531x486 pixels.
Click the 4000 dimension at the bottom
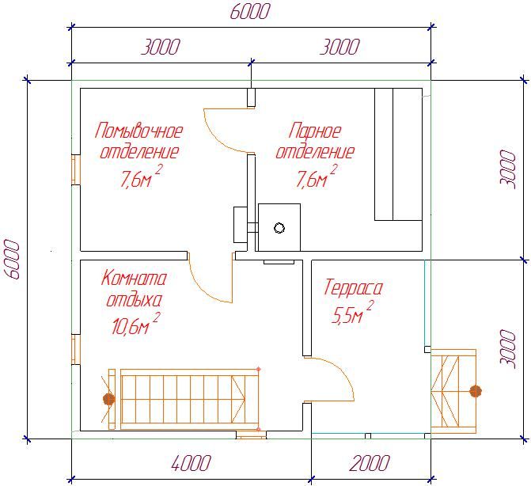tap(192, 463)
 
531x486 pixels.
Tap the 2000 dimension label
tap(370, 463)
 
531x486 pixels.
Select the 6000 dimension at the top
tap(250, 12)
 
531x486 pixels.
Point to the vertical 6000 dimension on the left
tap(12, 259)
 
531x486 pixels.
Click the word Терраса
tap(353, 287)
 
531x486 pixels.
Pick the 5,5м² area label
tap(352, 313)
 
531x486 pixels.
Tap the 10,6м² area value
tap(135, 324)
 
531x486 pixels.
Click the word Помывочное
tap(138, 131)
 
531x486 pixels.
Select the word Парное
tap(315, 131)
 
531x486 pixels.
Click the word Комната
tap(134, 279)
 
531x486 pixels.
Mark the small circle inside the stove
tap(279, 228)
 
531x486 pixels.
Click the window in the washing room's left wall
tap(75, 169)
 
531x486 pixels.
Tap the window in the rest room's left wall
tap(75, 349)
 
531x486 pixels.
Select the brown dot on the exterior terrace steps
tap(476, 391)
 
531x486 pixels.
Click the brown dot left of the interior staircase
tap(108, 399)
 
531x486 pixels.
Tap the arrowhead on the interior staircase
tap(238, 400)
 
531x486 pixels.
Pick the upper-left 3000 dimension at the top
tap(161, 47)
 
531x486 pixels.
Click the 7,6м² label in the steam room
tap(317, 176)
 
